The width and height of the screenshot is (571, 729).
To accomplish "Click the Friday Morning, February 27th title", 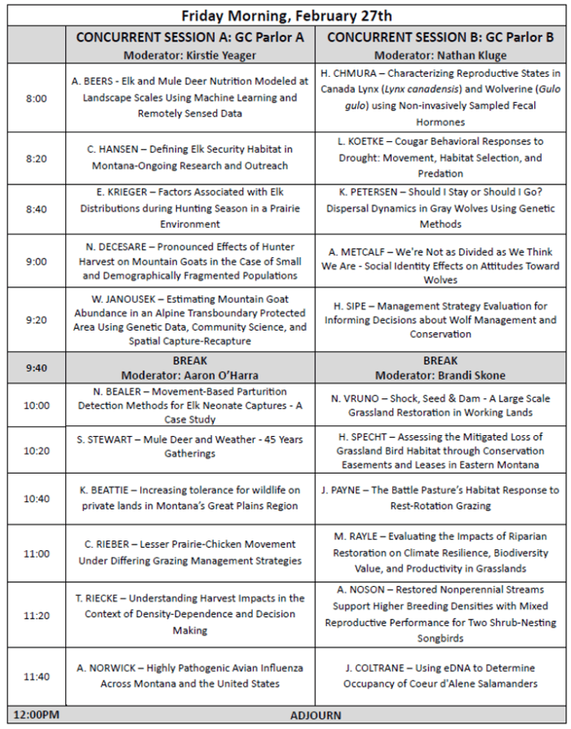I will (x=285, y=15).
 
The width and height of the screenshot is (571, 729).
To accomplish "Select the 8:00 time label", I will (x=36, y=98).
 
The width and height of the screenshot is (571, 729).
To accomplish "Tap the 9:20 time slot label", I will (x=36, y=319).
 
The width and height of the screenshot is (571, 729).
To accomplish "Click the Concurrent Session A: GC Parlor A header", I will (x=190, y=38).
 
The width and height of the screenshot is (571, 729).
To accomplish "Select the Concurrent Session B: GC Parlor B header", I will (x=440, y=38).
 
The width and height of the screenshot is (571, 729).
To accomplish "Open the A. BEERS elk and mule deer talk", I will (x=190, y=98).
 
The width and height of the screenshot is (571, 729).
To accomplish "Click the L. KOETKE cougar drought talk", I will (x=440, y=158).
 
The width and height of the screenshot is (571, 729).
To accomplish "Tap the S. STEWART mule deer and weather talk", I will (x=190, y=450).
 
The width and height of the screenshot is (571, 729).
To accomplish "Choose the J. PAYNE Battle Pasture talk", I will (x=440, y=498).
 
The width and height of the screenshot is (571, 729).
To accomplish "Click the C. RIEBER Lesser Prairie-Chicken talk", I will (x=190, y=553).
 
